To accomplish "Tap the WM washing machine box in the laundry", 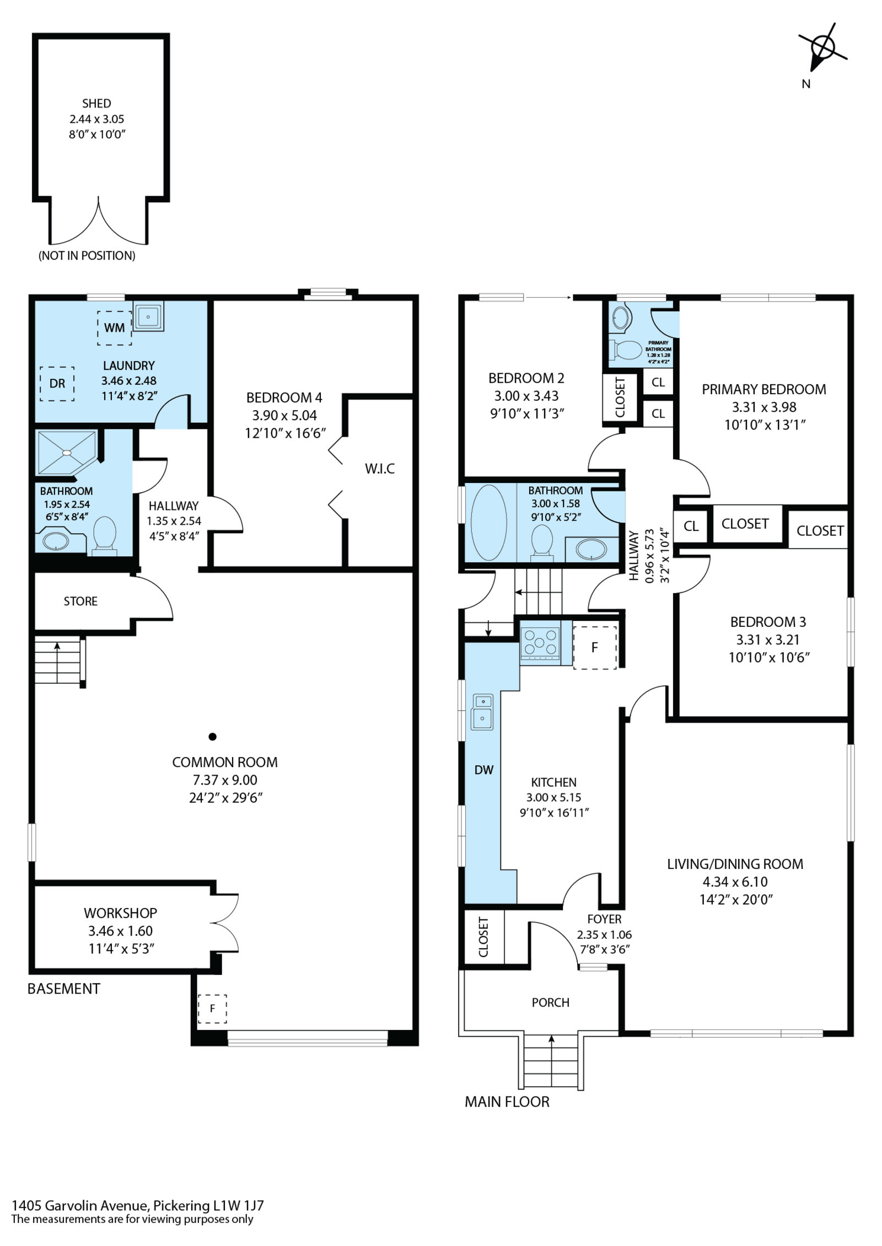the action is click(115, 328).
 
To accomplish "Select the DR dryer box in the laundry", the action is click(57, 384).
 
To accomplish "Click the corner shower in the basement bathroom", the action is click(67, 453).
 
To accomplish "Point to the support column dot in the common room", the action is click(212, 736).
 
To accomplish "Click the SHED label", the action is click(96, 103).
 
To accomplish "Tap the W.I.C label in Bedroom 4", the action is click(380, 469).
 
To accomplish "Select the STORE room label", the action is click(80, 601).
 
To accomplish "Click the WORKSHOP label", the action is click(120, 913).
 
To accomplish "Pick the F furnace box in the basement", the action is click(212, 1009).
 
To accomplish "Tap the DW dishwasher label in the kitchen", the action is click(484, 770).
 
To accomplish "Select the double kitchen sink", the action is click(482, 712).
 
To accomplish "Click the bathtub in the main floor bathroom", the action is click(489, 522).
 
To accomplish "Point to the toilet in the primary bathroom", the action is click(626, 350).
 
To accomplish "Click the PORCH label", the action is click(551, 1002).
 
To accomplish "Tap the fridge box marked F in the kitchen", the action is click(594, 647).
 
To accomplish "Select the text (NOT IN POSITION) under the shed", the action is click(87, 255).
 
